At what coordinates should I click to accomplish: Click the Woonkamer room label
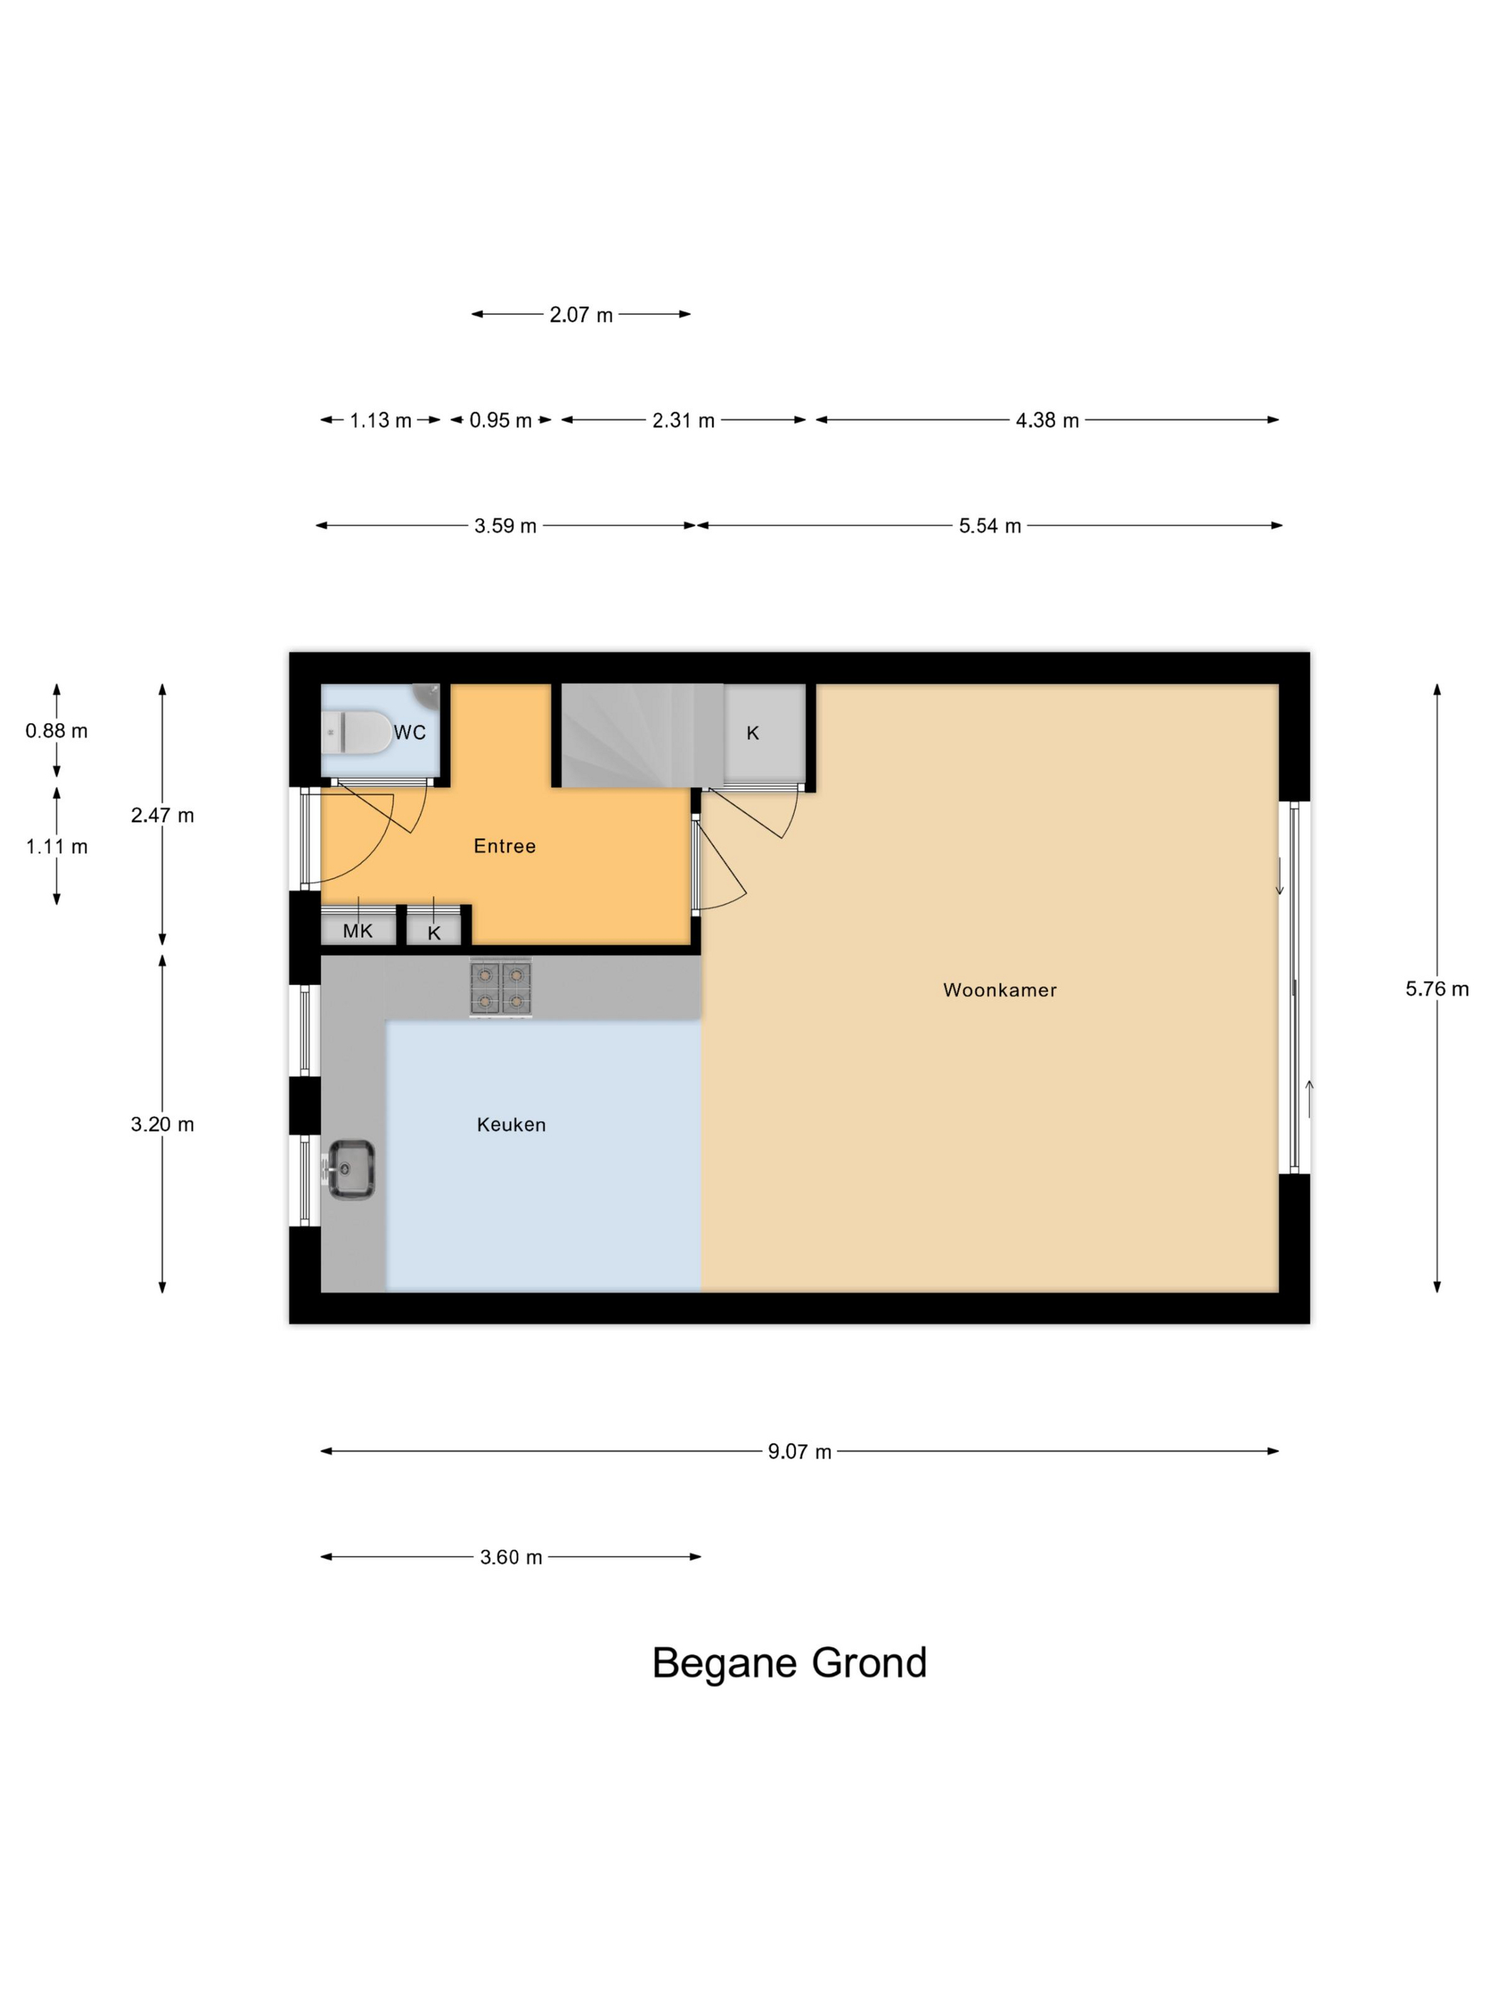coord(1000,990)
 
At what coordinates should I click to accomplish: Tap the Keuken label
coord(512,1125)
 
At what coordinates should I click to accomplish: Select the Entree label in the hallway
coord(504,846)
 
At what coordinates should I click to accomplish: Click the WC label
coord(410,732)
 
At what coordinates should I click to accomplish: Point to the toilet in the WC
coord(356,732)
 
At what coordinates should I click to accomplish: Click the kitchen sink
coord(350,1169)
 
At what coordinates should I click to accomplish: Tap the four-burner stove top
coord(501,987)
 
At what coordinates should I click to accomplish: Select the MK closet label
coord(358,932)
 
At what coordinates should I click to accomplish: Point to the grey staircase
coord(643,735)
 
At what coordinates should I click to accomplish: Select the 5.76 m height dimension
coord(1436,989)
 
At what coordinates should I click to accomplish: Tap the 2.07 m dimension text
coord(581,315)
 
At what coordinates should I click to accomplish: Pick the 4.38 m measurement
coord(1047,420)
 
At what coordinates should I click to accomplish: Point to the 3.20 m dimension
coord(162,1125)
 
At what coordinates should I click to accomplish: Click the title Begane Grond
coord(789,1663)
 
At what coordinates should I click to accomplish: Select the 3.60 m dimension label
coord(511,1558)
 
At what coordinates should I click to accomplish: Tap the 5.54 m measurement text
coord(990,526)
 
